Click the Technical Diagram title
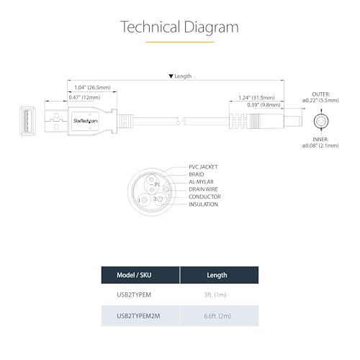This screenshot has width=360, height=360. coord(179,27)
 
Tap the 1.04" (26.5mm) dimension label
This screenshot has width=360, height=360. coord(92,87)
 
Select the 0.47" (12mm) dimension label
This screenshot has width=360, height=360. coord(84,97)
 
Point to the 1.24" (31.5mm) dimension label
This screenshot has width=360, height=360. coord(256,98)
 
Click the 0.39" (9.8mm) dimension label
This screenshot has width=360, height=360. coord(264,105)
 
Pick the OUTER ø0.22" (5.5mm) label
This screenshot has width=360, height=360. coord(320,97)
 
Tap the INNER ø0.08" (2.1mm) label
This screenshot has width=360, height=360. coord(320,143)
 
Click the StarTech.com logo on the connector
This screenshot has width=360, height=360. coord(86,121)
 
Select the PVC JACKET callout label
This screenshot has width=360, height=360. coord(203,167)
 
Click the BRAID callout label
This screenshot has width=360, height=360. coord(197,174)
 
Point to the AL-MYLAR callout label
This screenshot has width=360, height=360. coord(201,181)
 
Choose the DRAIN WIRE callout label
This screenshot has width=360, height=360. coord(203,189)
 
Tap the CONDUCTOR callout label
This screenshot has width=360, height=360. coord(204,197)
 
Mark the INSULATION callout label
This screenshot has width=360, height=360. coord(203,204)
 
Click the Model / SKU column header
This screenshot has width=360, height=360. coord(134,275)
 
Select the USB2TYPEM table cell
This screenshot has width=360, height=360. coord(134,294)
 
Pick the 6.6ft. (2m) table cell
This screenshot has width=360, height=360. coord(217,316)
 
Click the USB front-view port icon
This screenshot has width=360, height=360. coord(27,121)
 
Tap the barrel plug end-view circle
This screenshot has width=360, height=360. coord(321,121)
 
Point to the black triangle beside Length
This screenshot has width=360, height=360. coord(171,76)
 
